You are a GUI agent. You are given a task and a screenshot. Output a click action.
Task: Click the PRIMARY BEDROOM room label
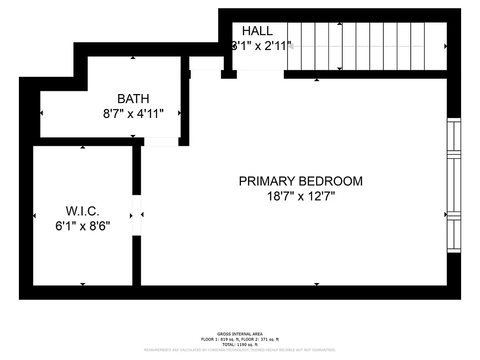coord(301,181)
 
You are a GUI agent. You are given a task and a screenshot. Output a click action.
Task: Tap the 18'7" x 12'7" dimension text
coord(301,196)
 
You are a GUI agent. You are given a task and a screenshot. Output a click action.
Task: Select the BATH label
coord(133,99)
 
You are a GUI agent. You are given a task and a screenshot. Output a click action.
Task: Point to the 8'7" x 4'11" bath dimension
coord(133,113)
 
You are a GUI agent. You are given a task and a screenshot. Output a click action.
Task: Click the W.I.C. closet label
coord(82,211)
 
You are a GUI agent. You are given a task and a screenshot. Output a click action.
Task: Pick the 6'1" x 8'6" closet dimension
coord(83,225)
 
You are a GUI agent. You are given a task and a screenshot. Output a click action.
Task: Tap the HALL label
coord(257,31)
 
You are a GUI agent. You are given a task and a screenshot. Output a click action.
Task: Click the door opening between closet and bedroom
coord(136,215)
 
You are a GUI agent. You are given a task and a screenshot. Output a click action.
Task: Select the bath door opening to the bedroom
coord(161,142)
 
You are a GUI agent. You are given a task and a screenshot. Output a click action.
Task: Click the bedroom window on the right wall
coord(453,185)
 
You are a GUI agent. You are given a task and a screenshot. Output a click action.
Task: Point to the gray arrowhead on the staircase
coord(291,46)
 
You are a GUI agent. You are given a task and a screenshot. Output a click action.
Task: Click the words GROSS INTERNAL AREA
coord(240,334)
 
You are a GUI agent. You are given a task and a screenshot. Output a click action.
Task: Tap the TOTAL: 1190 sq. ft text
coord(240,344)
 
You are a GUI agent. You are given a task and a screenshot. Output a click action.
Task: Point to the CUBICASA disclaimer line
coord(240,350)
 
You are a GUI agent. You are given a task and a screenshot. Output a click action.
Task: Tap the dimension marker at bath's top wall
coord(133,58)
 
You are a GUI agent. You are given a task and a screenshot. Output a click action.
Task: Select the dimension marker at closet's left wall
coord(34,216)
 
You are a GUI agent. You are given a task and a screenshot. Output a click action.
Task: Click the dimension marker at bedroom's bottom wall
coord(317,284)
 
